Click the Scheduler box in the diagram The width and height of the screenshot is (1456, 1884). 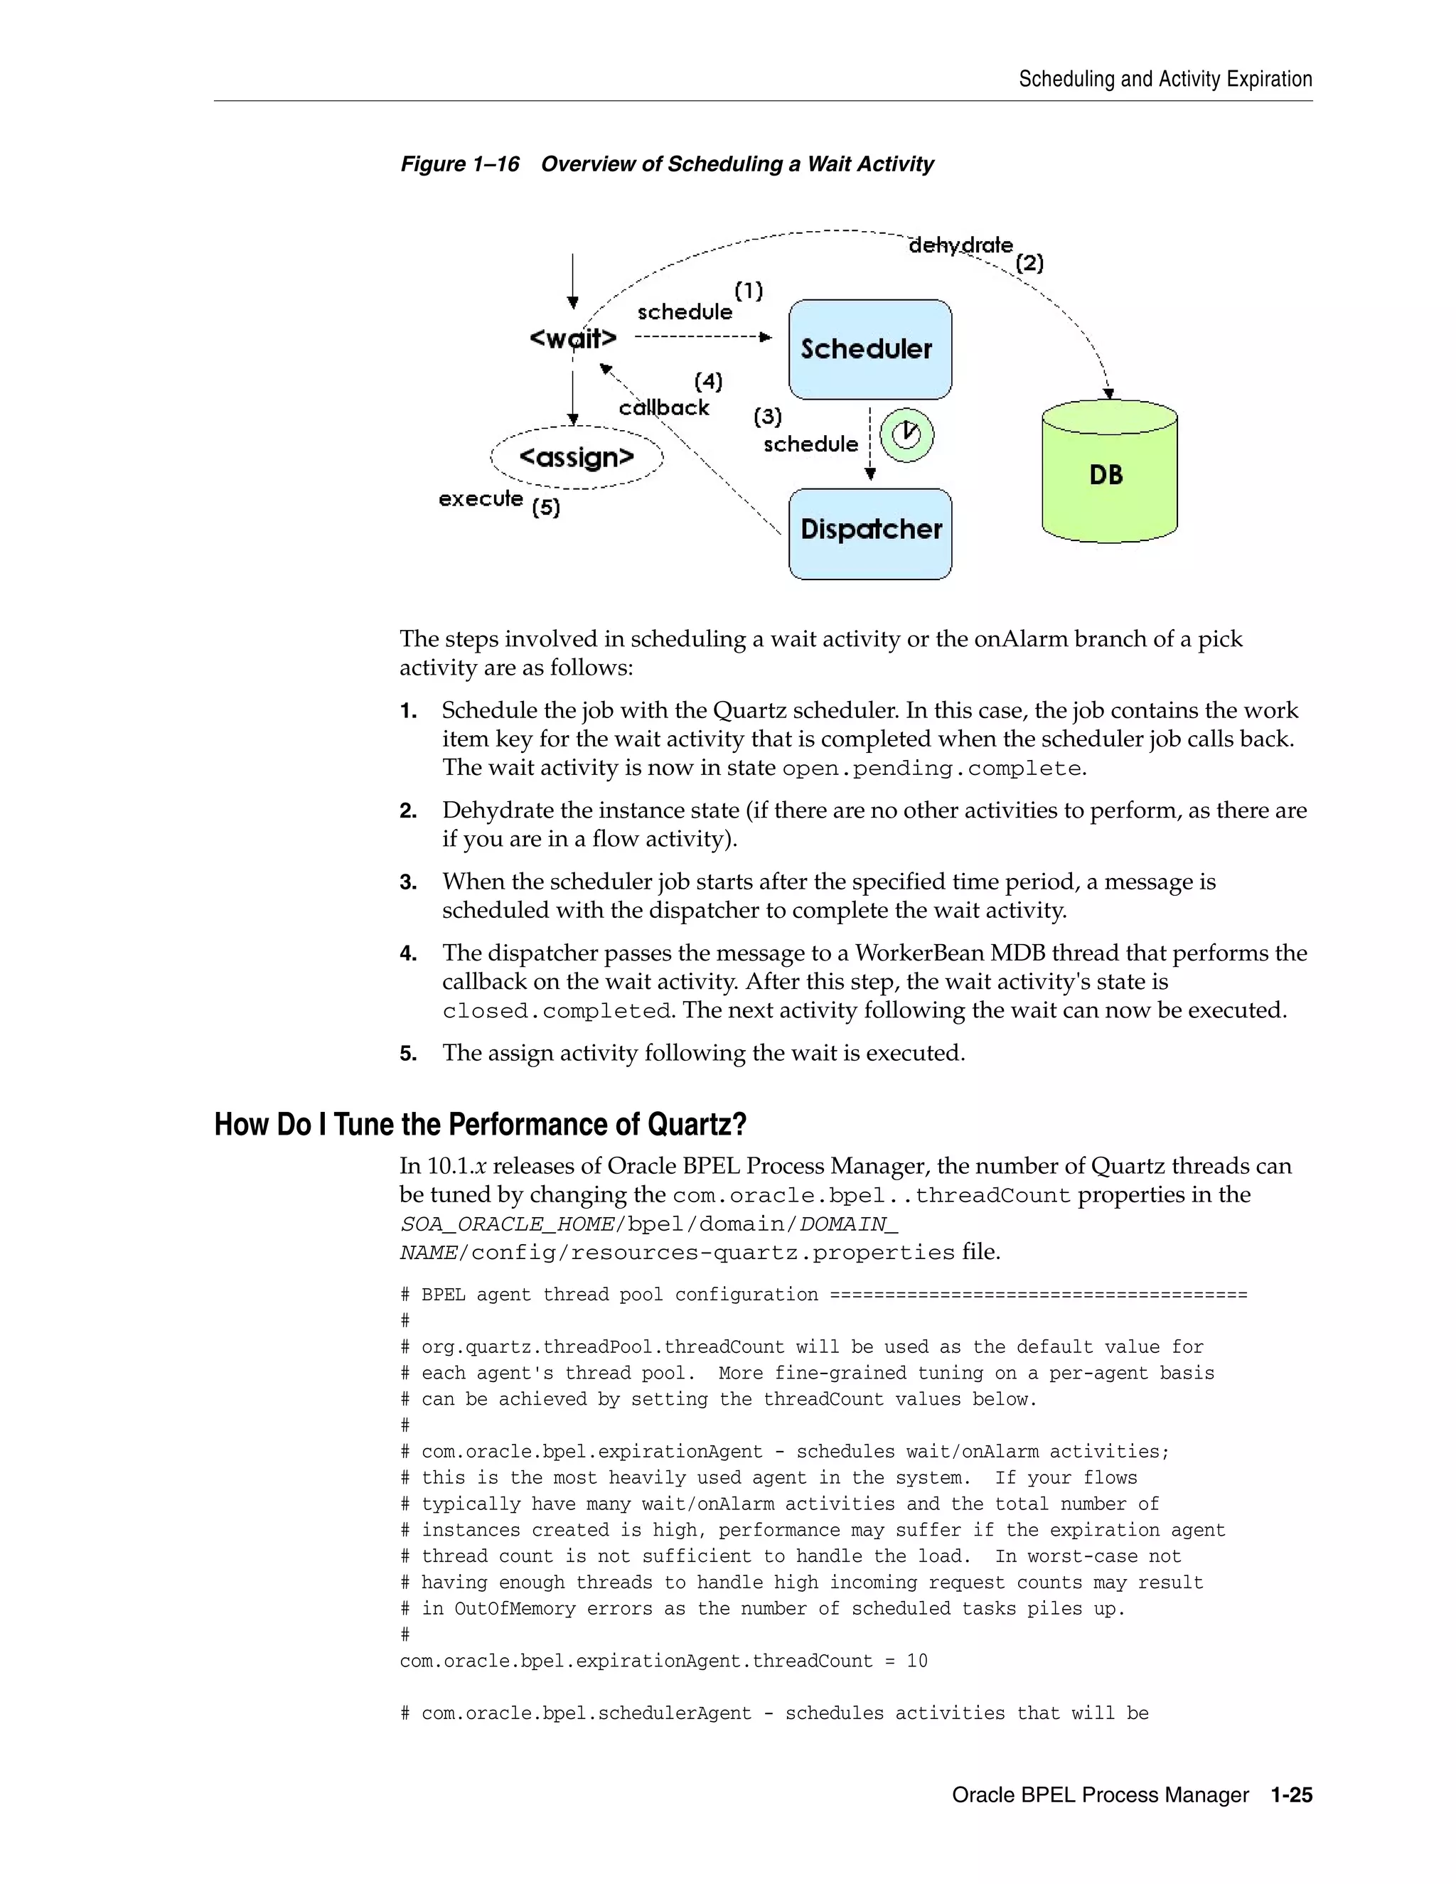869,349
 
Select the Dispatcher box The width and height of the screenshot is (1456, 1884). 869,533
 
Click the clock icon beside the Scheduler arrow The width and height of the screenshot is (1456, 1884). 906,435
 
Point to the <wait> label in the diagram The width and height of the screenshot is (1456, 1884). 573,338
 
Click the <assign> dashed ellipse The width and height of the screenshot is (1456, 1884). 576,457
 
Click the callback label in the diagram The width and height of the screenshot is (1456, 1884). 663,407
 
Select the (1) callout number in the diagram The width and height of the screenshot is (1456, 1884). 749,290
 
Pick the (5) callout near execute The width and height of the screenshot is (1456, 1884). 546,507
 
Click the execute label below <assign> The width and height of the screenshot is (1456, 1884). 481,498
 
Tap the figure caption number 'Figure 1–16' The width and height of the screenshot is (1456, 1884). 460,164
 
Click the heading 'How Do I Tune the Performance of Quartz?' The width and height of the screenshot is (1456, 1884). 480,1124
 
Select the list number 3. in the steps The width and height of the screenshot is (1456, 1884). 408,882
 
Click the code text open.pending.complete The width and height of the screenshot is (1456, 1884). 931,768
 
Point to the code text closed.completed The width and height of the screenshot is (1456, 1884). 557,1010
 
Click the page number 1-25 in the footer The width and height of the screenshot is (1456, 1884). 1290,1794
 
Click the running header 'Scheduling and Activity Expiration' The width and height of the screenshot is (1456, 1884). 1165,80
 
